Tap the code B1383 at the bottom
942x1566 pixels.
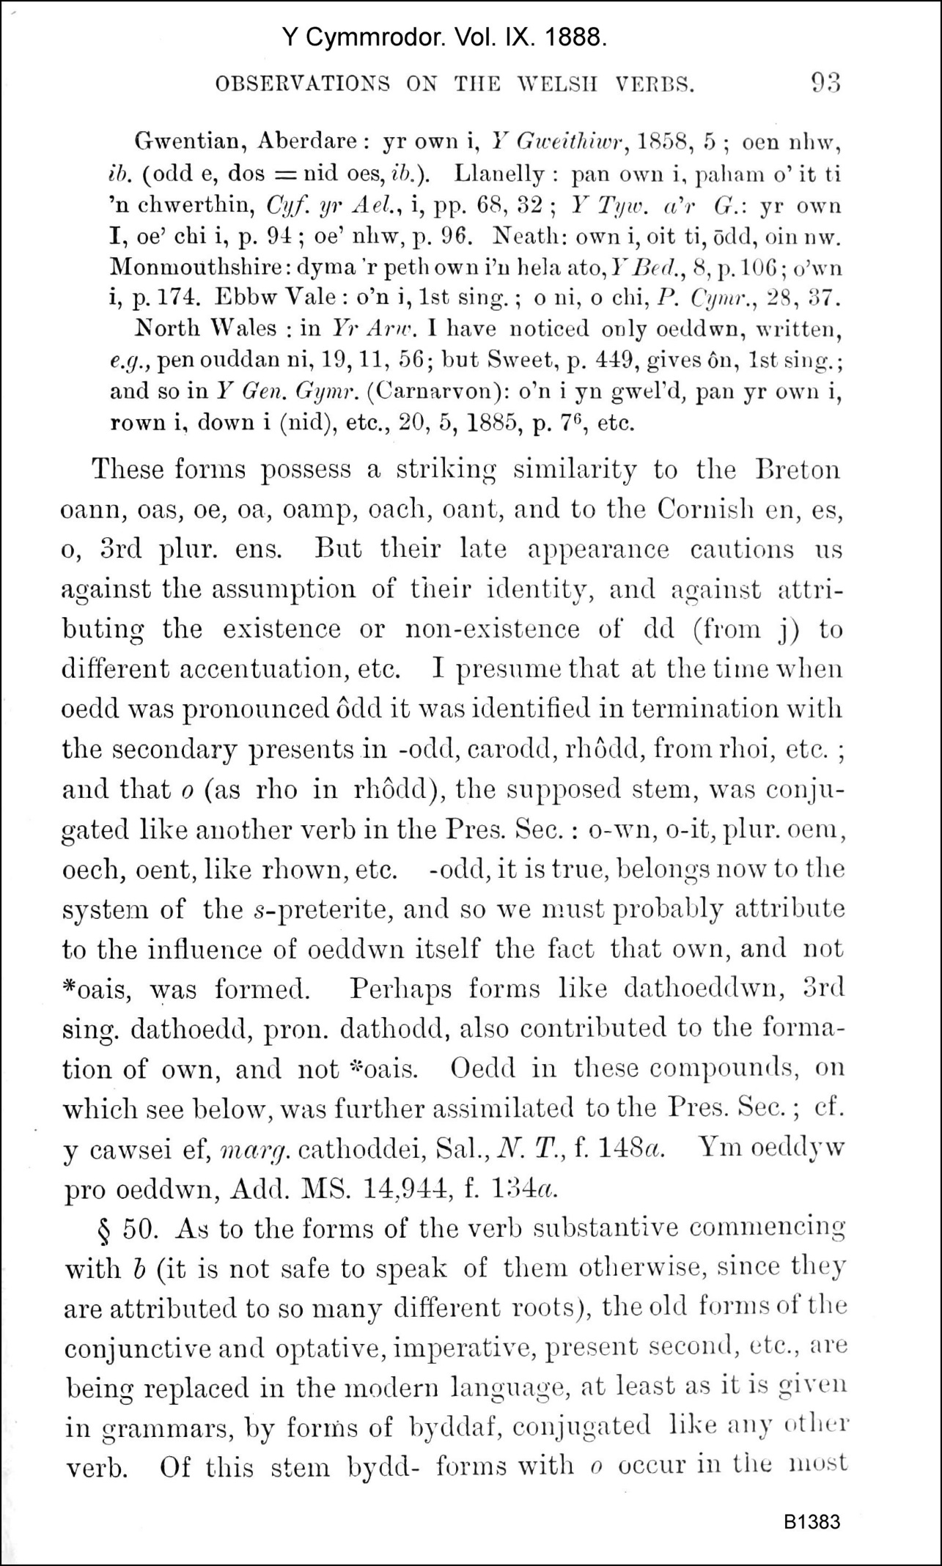click(812, 1522)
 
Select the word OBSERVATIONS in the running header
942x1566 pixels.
click(303, 84)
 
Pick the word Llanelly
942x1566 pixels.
click(499, 174)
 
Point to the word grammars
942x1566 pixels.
click(161, 1428)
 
